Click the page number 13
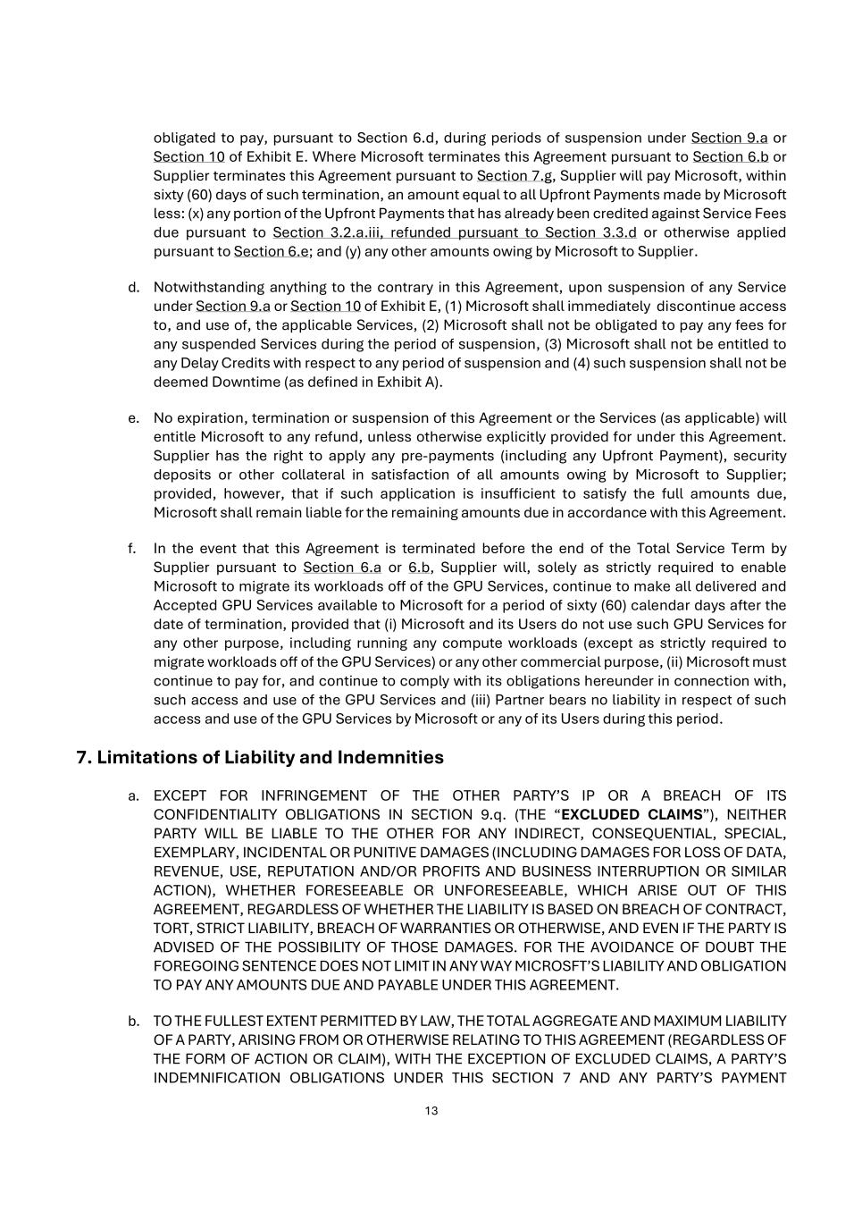click(x=431, y=1111)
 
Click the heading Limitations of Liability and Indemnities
click(x=260, y=757)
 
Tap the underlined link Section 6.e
click(x=272, y=251)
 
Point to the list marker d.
click(x=134, y=287)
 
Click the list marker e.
click(x=134, y=417)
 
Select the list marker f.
click(x=132, y=548)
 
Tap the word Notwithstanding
click(x=207, y=287)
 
